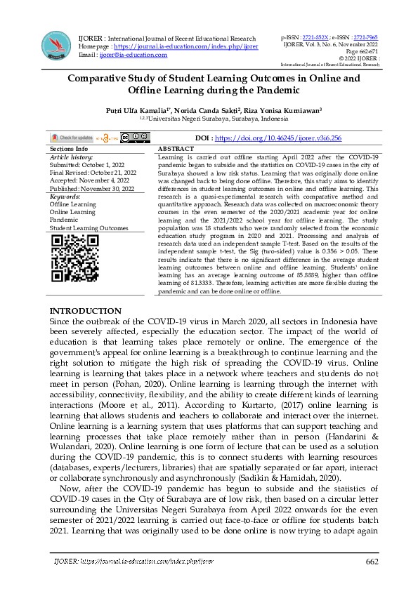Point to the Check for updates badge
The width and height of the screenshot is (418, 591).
[x=71, y=138]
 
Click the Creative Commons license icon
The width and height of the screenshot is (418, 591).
[x=134, y=138]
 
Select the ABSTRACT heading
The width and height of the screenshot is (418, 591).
[x=176, y=150]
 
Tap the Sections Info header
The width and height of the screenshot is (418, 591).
[x=69, y=150]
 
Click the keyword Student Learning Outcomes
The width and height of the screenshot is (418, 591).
[x=89, y=228]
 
